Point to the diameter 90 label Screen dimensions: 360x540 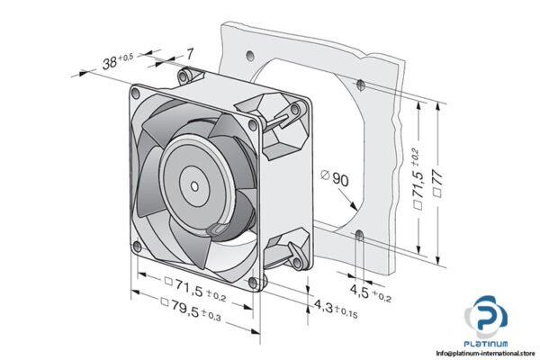coord(340,180)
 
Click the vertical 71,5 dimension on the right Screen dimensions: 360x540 coord(418,191)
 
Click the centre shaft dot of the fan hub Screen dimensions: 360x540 coord(195,185)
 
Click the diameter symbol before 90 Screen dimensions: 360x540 coord(324,179)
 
